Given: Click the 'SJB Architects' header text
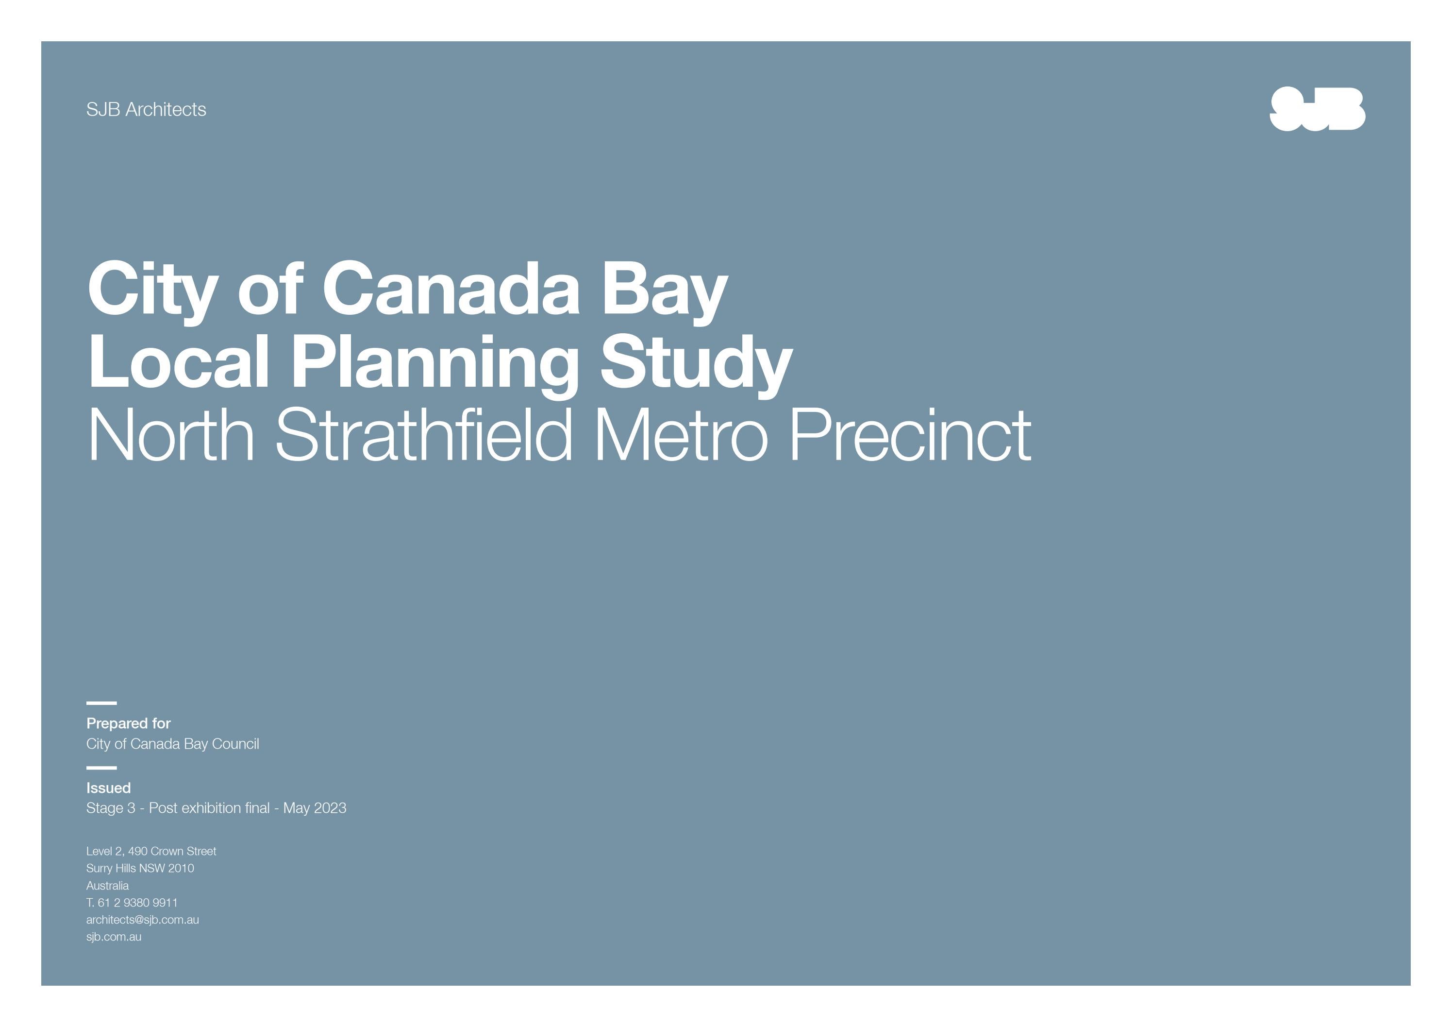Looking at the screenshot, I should (x=146, y=109).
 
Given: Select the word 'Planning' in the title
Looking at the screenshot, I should (x=434, y=362).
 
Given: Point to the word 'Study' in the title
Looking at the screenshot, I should (x=696, y=362).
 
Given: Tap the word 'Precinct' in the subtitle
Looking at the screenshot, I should (x=911, y=435).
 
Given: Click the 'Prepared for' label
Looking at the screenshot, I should (x=128, y=723).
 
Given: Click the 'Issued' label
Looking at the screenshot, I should (x=108, y=788).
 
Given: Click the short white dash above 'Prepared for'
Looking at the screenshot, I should (x=101, y=703).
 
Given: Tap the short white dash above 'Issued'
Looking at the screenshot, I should (x=101, y=768).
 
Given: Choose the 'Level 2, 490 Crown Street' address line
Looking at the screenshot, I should (x=151, y=851).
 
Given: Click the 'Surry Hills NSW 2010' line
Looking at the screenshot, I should (x=140, y=868).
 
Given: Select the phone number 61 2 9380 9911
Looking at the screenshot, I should (x=137, y=902).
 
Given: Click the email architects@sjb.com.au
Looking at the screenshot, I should (x=142, y=920).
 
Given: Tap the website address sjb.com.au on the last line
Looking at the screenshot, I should (x=114, y=937).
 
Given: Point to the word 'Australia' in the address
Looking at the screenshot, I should (x=107, y=885).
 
